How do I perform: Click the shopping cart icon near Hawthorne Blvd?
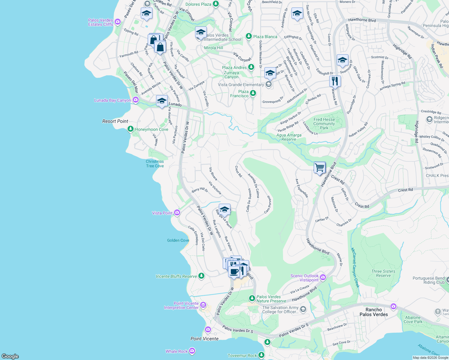click(x=320, y=167)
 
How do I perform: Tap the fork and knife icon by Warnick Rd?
click(x=335, y=81)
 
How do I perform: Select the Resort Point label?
click(x=115, y=121)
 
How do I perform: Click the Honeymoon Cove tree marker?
click(x=130, y=129)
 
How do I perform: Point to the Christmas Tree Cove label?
click(x=155, y=164)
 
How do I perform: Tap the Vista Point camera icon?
click(x=177, y=213)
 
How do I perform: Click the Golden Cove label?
click(x=178, y=240)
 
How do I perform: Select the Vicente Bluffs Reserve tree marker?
click(x=201, y=276)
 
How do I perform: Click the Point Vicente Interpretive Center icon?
click(x=203, y=305)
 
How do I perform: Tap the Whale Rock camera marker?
click(x=192, y=351)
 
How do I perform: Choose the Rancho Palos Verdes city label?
click(x=374, y=312)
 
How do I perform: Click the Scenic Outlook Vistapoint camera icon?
click(x=323, y=277)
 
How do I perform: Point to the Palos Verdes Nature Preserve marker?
click(x=252, y=298)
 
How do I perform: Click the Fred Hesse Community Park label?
click(x=324, y=124)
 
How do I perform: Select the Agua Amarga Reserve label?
click(x=289, y=137)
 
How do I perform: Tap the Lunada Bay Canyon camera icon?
click(x=136, y=100)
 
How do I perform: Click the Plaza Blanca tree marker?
click(x=249, y=36)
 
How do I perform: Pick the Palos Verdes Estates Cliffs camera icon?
click(x=118, y=22)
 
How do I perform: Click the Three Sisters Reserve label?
click(x=383, y=273)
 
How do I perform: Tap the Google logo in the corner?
click(x=10, y=356)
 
